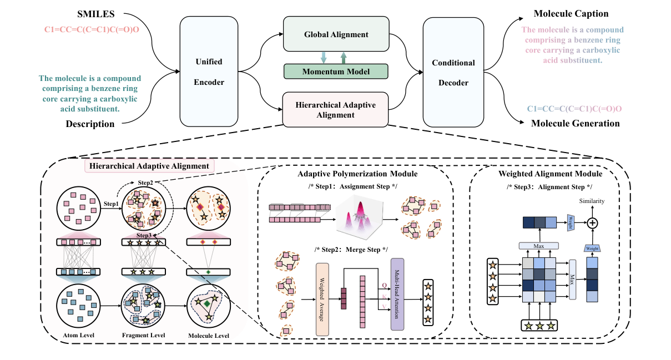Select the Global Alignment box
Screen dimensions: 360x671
click(x=335, y=34)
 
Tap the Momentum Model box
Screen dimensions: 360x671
click(x=336, y=72)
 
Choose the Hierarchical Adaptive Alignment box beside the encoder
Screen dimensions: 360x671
click(x=335, y=109)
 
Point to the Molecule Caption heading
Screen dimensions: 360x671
click(x=571, y=13)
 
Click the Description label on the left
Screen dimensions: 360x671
click(x=90, y=124)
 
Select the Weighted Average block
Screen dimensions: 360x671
click(x=322, y=299)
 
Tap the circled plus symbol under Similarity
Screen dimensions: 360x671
click(x=592, y=223)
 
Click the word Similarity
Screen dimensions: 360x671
click(x=592, y=201)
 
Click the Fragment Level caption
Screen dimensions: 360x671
click(x=144, y=335)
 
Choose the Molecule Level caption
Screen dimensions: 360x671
click(x=208, y=335)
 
